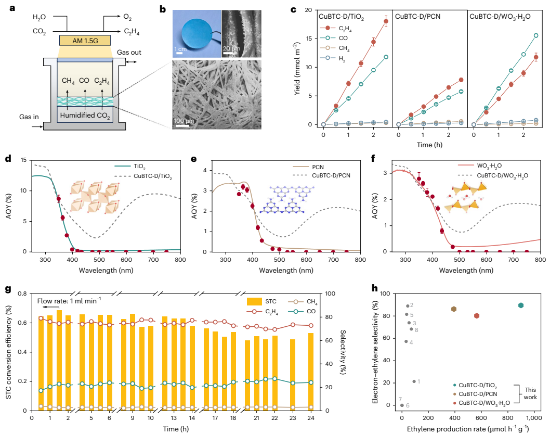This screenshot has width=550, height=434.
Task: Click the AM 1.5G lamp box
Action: point(85,40)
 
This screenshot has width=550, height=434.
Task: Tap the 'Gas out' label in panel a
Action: point(129,53)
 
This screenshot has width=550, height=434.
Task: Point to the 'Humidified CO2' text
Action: point(85,116)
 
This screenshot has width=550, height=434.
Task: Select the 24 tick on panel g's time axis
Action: point(310,418)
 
